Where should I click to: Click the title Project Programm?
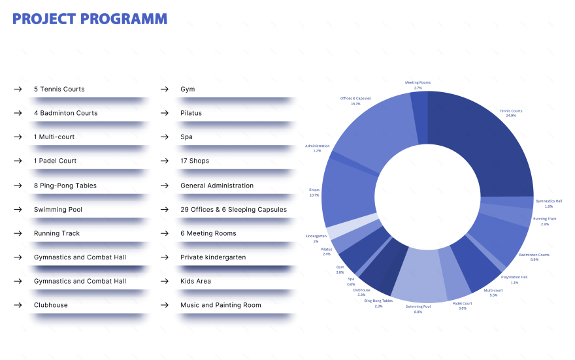(90, 19)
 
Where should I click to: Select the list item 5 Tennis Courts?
(59, 89)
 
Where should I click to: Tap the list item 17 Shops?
(195, 161)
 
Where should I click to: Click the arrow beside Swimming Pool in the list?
(18, 210)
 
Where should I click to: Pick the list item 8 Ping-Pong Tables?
(65, 186)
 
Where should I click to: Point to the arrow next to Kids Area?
(165, 281)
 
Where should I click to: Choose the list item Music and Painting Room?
(220, 305)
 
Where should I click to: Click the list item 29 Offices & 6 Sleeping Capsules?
(233, 210)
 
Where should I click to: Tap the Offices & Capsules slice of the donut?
(372, 131)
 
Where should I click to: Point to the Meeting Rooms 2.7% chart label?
(418, 85)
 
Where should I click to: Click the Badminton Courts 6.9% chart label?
(534, 257)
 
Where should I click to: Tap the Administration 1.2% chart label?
(317, 148)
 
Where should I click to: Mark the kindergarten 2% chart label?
(316, 238)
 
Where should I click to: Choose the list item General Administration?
(216, 186)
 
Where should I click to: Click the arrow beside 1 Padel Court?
(18, 161)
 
